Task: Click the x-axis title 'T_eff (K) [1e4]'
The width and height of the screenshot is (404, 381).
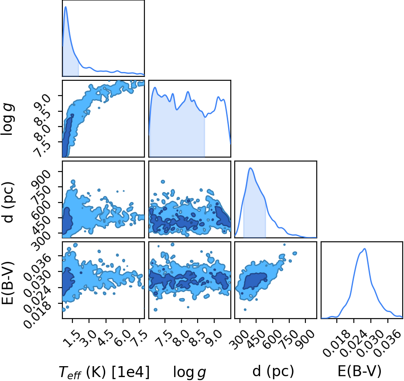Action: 104,372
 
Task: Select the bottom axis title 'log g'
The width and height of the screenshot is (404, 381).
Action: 190,372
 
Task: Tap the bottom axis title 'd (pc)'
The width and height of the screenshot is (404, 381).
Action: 273,371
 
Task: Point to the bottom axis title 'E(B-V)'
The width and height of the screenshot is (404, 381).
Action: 359,371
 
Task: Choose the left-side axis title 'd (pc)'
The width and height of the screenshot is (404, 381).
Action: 8,202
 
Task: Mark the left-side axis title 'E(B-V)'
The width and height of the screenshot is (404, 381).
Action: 7,283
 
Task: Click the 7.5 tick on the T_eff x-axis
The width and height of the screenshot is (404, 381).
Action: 140,338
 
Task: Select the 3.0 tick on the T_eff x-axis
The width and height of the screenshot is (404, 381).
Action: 89,338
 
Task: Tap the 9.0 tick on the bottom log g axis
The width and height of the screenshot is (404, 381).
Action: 214,338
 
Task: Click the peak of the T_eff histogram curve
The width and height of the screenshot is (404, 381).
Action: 66,7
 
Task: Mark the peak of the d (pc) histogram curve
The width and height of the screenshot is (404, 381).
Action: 250,168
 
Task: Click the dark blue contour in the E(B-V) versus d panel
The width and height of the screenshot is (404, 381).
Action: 255,281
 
